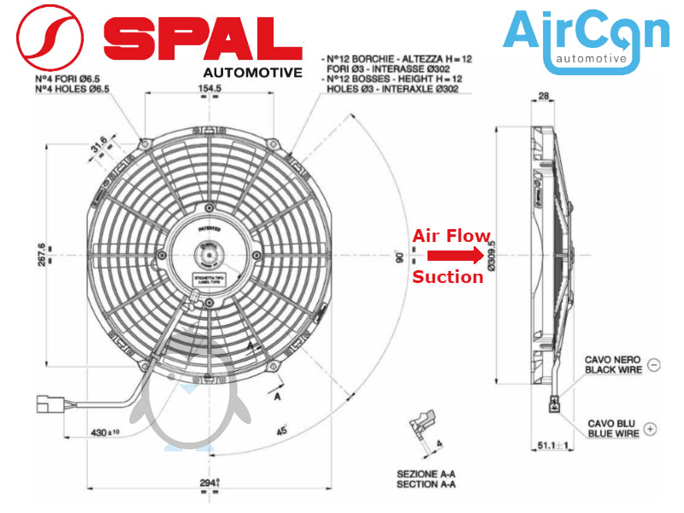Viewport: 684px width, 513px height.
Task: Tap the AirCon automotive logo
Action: tap(586, 39)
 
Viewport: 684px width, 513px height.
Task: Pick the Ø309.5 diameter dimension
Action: tap(491, 255)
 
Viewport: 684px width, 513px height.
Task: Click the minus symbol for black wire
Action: tap(654, 364)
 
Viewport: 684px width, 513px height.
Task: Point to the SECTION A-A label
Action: tap(426, 485)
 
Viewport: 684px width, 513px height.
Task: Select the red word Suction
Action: tap(448, 277)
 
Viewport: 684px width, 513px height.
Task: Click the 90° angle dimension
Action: tap(398, 256)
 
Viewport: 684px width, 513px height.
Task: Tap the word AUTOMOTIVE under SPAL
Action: tap(252, 72)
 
